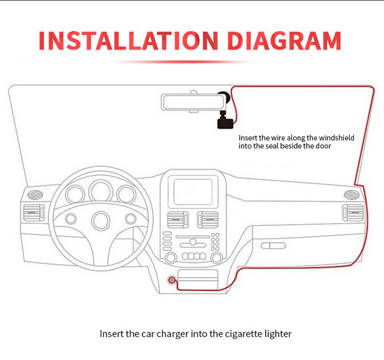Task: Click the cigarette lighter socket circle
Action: click(x=173, y=281)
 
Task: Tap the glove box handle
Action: click(x=273, y=245)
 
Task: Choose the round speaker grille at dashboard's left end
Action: click(x=34, y=194)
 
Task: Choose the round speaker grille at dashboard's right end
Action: click(x=350, y=194)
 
